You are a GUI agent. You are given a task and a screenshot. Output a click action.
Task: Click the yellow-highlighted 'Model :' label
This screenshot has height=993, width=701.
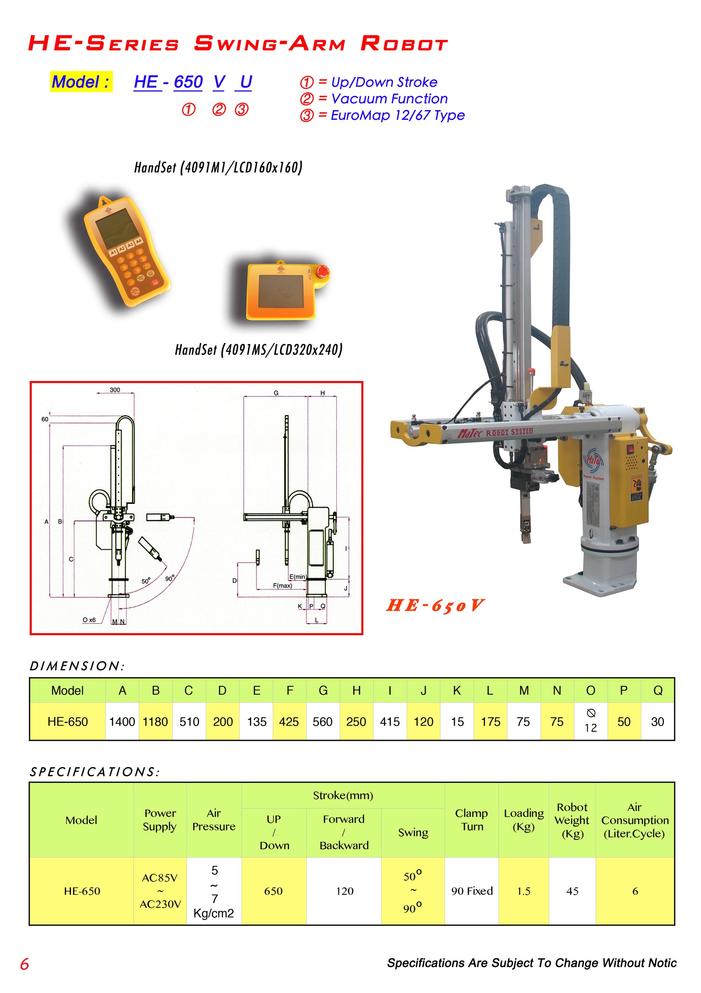pyautogui.click(x=81, y=82)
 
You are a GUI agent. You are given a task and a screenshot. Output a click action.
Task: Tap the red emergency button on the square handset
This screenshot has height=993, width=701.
pyautogui.click(x=322, y=272)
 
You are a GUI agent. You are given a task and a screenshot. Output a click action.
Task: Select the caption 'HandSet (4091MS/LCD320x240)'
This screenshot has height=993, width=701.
pyautogui.click(x=259, y=350)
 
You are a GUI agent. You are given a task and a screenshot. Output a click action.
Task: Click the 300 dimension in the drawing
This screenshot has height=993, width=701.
pyautogui.click(x=115, y=390)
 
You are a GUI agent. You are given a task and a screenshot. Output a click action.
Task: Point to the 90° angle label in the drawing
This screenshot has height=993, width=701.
pyautogui.click(x=170, y=578)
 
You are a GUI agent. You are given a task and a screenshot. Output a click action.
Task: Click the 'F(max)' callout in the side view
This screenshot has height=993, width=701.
pyautogui.click(x=282, y=586)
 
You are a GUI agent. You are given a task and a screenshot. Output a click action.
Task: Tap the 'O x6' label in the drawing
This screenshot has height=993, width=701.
pyautogui.click(x=89, y=620)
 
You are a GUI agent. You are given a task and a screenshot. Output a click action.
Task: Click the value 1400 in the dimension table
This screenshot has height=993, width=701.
pyautogui.click(x=122, y=721)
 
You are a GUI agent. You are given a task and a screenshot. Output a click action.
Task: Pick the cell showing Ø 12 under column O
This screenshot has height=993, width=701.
pyautogui.click(x=590, y=721)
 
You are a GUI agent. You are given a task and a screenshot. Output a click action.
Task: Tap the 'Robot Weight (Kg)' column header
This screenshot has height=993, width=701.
pyautogui.click(x=572, y=820)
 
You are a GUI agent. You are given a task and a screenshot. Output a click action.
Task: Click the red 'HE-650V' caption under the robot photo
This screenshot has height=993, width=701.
pyautogui.click(x=435, y=605)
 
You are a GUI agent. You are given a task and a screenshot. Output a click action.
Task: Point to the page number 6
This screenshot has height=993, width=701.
pyautogui.click(x=25, y=964)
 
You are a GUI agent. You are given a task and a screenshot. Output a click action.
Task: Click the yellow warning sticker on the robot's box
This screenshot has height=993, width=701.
pyautogui.click(x=636, y=489)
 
